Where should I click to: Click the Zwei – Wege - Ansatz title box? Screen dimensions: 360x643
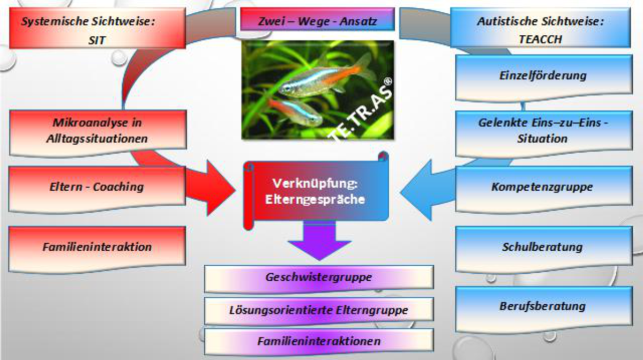pyautogui.click(x=317, y=21)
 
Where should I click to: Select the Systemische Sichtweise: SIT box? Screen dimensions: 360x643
pyautogui.click(x=98, y=30)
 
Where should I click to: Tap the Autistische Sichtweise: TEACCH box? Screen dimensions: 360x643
pyautogui.click(x=540, y=30)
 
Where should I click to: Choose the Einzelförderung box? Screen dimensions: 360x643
pyautogui.click(x=543, y=76)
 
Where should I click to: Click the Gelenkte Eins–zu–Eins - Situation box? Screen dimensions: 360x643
pyautogui.click(x=543, y=131)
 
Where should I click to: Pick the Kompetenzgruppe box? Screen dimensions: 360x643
pyautogui.click(x=543, y=187)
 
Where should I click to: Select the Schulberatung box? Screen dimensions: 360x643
pyautogui.click(x=543, y=247)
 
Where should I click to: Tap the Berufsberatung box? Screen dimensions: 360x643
pyautogui.click(x=543, y=307)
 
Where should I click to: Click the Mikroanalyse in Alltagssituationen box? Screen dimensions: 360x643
pyautogui.click(x=98, y=131)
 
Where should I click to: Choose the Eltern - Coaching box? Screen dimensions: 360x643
pyautogui.click(x=98, y=187)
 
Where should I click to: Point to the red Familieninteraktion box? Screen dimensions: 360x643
pyautogui.click(x=98, y=247)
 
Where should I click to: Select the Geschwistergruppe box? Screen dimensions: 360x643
pyautogui.click(x=319, y=277)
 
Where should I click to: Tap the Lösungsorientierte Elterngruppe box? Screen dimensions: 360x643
pyautogui.click(x=319, y=310)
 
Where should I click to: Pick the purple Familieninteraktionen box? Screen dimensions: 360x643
pyautogui.click(x=319, y=341)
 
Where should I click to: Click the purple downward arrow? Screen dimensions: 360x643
pyautogui.click(x=319, y=244)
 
